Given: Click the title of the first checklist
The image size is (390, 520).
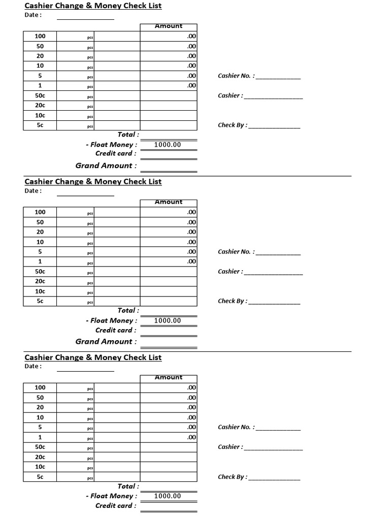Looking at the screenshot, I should pyautogui.click(x=93, y=6).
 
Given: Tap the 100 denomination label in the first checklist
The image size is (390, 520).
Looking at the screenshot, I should pyautogui.click(x=40, y=36).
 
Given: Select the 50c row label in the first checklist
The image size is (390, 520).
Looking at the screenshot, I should pyautogui.click(x=40, y=95).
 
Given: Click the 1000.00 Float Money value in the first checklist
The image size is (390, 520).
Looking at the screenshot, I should pyautogui.click(x=168, y=145).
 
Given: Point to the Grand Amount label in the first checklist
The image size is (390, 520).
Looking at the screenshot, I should pyautogui.click(x=106, y=166).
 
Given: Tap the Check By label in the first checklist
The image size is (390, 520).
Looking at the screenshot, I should pyautogui.click(x=233, y=125).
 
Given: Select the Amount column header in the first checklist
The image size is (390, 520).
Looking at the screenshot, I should pyautogui.click(x=169, y=26).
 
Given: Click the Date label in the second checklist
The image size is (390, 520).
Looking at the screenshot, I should pyautogui.click(x=33, y=191).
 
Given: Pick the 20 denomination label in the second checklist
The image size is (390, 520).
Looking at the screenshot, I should pyautogui.click(x=40, y=232).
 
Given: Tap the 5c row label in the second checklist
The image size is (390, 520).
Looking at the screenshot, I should pyautogui.click(x=40, y=301).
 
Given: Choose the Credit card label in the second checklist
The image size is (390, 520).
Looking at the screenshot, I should pyautogui.click(x=116, y=330).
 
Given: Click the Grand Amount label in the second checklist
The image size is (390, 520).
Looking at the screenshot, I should pyautogui.click(x=106, y=342).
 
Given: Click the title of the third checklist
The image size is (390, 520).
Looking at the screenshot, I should pyautogui.click(x=93, y=357).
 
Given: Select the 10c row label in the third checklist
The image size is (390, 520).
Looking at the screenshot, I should pyautogui.click(x=40, y=467).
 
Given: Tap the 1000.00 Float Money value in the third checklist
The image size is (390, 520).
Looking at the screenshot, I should pyautogui.click(x=168, y=496).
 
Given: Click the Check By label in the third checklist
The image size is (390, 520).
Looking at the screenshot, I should pyautogui.click(x=233, y=477).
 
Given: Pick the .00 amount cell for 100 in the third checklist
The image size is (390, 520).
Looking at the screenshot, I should pyautogui.click(x=191, y=387).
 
